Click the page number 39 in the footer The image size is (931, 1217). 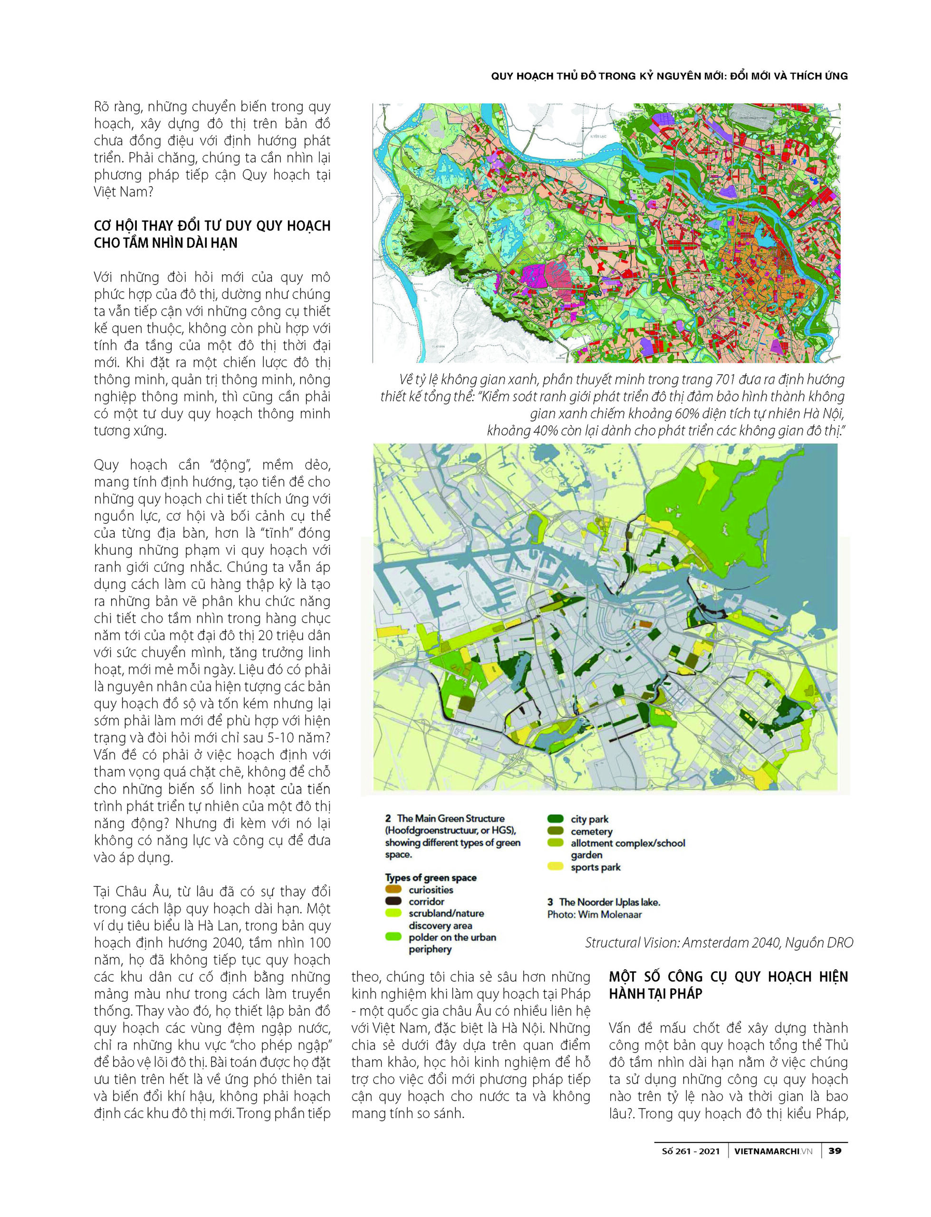[x=835, y=1151]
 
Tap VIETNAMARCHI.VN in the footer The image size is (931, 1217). [x=773, y=1151]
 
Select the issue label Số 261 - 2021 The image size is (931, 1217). [x=691, y=1151]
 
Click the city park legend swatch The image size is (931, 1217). [x=555, y=819]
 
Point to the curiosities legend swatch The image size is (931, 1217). [x=393, y=890]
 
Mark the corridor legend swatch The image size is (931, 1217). [x=393, y=902]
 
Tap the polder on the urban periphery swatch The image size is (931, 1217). [x=393, y=937]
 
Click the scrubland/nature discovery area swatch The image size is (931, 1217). [x=393, y=913]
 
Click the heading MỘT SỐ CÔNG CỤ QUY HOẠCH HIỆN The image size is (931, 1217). [x=728, y=977]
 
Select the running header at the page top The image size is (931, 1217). [x=669, y=77]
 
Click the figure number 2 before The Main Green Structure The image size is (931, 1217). [x=388, y=819]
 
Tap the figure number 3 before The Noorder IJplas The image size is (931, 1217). [x=550, y=902]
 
